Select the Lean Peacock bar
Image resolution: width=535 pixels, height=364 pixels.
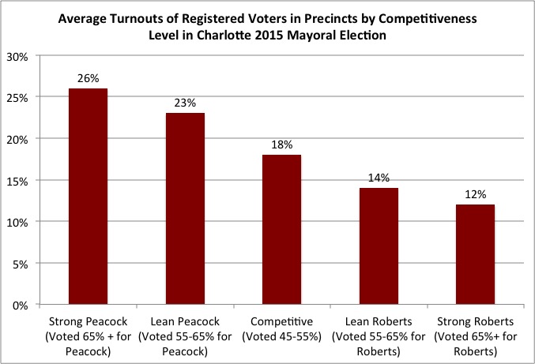click(185, 208)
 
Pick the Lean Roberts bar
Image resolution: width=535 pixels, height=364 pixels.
click(379, 246)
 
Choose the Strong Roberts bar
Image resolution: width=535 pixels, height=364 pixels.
click(475, 254)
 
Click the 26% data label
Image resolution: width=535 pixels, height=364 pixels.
click(89, 78)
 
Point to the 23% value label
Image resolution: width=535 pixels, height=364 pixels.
click(185, 103)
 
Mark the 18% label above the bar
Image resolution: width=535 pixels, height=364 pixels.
click(282, 144)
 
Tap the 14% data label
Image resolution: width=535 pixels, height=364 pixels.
click(379, 178)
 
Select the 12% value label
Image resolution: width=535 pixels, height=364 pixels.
click(475, 194)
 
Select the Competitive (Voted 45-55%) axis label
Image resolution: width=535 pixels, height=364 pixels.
click(282, 328)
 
